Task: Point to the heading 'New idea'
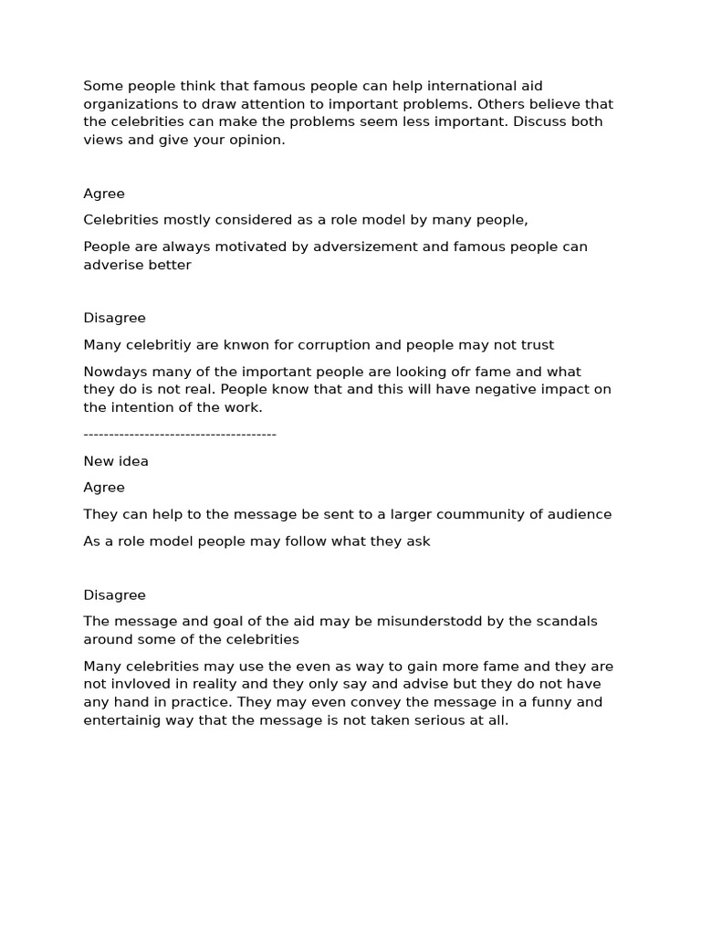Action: (116, 461)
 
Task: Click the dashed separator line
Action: (180, 435)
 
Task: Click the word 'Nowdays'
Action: (113, 372)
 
